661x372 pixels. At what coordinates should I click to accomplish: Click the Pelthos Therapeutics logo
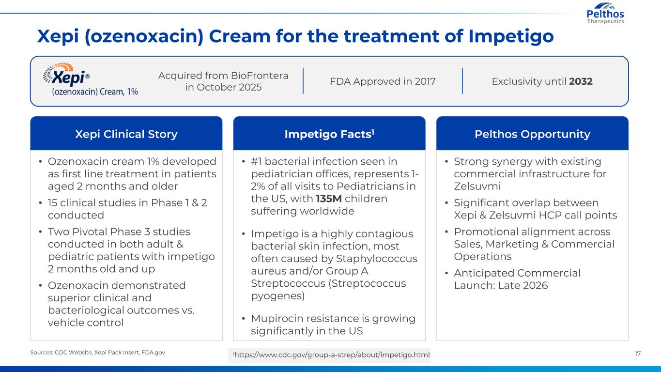click(x=605, y=13)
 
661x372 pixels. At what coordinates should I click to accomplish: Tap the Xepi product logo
click(x=91, y=79)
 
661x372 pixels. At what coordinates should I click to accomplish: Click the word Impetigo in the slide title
click(x=511, y=37)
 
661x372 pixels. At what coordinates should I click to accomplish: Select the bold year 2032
click(x=581, y=81)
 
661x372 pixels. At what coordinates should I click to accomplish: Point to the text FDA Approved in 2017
click(x=383, y=81)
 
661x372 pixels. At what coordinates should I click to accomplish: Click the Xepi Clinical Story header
click(x=126, y=134)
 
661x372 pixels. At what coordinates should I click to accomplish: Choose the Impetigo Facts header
click(x=329, y=134)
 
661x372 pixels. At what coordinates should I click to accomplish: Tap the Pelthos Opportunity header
click(x=532, y=134)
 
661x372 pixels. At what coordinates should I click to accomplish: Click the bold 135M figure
click(x=328, y=199)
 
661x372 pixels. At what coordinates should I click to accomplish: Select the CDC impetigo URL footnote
click(x=331, y=355)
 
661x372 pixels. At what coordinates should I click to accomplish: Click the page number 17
click(x=638, y=354)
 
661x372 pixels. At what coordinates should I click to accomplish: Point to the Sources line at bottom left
click(x=97, y=352)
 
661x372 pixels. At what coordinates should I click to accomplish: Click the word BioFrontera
click(x=260, y=76)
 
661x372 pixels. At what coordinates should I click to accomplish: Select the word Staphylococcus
click(x=377, y=259)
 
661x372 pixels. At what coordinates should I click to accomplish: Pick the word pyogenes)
click(x=277, y=296)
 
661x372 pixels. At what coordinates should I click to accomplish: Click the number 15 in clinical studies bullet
click(x=52, y=203)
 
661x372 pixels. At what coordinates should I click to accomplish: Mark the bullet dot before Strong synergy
click(x=446, y=161)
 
